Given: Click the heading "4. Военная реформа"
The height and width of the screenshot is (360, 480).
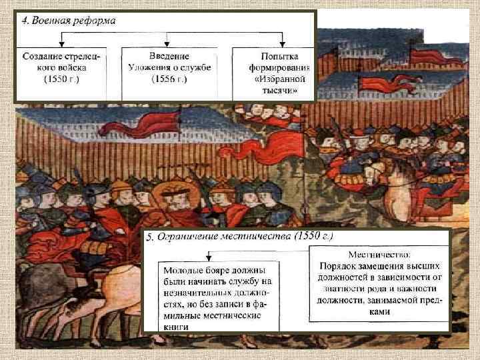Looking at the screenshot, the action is [68, 21].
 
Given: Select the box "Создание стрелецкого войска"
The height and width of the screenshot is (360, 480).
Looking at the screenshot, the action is [61, 72].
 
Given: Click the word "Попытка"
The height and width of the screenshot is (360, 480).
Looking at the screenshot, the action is [274, 55].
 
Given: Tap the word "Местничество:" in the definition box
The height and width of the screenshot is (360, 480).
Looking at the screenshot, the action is [380, 255].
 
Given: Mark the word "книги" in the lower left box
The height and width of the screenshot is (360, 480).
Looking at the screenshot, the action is [175, 327].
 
